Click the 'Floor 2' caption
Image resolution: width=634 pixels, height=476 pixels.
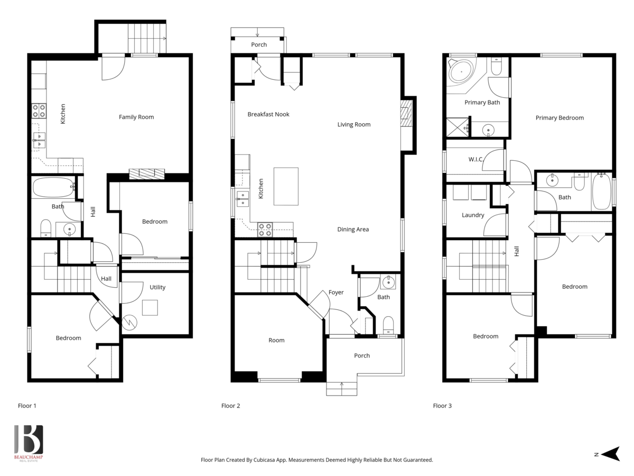(230, 406)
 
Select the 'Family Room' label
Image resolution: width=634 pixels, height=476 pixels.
(136, 117)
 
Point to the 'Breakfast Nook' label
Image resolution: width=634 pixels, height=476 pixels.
(268, 114)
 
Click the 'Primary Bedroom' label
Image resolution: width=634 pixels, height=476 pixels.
(560, 118)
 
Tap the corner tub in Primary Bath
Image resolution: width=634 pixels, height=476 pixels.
(461, 71)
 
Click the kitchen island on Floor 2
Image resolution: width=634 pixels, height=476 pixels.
(286, 186)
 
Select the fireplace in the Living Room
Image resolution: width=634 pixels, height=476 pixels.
(405, 115)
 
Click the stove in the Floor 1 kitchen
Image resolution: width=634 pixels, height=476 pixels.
(39, 111)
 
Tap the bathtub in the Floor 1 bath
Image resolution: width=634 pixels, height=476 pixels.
(53, 187)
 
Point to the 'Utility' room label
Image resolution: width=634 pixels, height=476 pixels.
(157, 287)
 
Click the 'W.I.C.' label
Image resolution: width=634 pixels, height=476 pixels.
(475, 159)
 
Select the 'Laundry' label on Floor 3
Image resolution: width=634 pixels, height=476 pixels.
(473, 215)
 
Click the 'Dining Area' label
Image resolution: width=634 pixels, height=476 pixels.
(353, 230)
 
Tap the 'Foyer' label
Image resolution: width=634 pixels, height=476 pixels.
(336, 292)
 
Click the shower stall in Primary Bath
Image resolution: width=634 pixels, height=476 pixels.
(458, 127)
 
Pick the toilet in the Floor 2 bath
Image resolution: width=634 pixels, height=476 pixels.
(388, 324)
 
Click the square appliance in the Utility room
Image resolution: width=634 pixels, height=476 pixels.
(150, 307)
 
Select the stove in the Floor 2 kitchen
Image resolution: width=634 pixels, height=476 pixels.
(265, 229)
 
